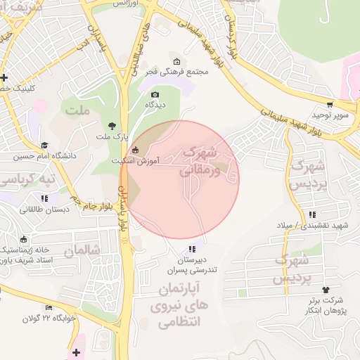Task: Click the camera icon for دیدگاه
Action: pyautogui.click(x=155, y=94)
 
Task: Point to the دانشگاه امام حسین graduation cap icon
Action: pyautogui.click(x=44, y=144)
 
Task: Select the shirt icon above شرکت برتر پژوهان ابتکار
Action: pyautogui.click(x=325, y=290)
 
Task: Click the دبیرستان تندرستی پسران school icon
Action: pyautogui.click(x=192, y=249)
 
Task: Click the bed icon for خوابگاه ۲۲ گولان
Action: pyautogui.click(x=49, y=307)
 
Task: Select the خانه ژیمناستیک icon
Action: pyautogui.click(x=24, y=238)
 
